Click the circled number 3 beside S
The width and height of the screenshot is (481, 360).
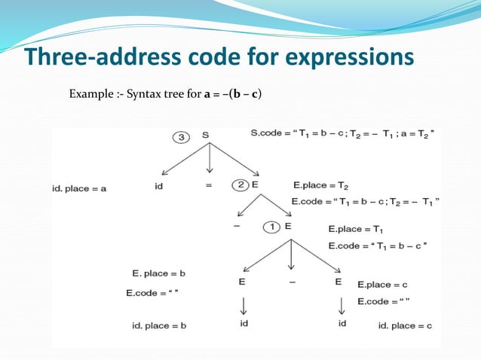point(182,137)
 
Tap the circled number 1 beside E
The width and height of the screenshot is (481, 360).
point(271,227)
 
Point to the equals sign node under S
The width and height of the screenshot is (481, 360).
point(209,185)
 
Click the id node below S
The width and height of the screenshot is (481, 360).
point(159,185)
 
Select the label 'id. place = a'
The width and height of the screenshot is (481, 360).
point(79,188)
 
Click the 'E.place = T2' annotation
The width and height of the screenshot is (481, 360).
point(320,185)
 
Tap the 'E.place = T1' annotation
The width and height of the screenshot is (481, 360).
point(357,229)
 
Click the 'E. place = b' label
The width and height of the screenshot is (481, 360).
point(158,272)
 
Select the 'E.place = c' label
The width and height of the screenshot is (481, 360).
point(382,285)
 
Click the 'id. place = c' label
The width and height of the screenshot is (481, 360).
point(405,325)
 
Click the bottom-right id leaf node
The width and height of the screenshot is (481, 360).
point(342,323)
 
